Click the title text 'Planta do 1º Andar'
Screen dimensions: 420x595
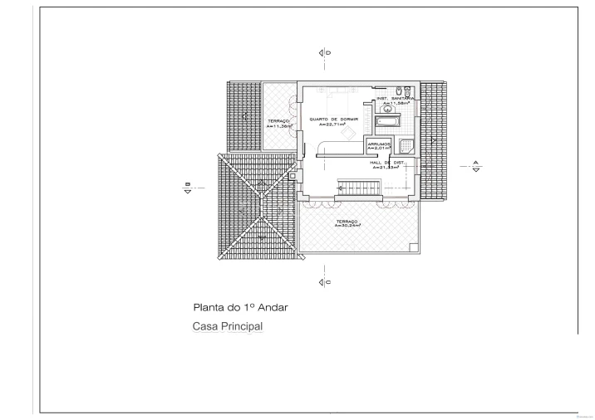click(240, 306)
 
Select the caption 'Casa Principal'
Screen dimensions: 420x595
click(228, 326)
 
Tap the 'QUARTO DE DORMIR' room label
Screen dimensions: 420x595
click(333, 120)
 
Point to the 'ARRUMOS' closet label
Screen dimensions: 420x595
click(378, 144)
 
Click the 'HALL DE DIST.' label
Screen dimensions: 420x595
click(386, 163)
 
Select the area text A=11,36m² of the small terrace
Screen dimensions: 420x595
click(278, 126)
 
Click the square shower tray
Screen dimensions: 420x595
click(405, 146)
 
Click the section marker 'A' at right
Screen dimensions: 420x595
click(475, 165)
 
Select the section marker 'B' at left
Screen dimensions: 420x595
click(188, 187)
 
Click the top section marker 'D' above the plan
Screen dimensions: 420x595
click(324, 52)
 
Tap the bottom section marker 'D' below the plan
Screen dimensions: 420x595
click(324, 283)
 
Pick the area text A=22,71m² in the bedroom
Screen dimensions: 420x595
click(333, 125)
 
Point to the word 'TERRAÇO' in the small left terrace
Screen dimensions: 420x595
click(278, 121)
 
